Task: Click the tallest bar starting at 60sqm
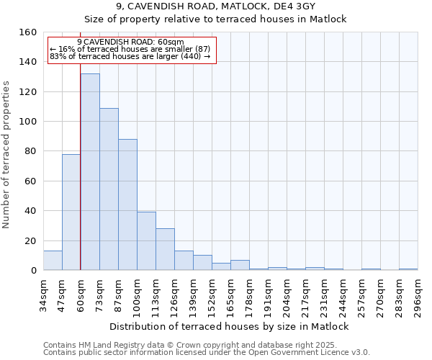point(90,172)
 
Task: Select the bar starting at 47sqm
point(71,212)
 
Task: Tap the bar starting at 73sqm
point(109,189)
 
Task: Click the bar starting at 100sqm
point(146,241)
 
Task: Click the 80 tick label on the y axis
point(30,151)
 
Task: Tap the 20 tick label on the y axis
point(30,240)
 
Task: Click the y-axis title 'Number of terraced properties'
point(6,154)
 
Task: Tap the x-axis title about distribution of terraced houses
point(230,327)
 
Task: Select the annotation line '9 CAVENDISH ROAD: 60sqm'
point(130,42)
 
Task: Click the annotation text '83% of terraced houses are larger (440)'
point(130,56)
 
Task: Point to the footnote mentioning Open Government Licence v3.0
point(207,353)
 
